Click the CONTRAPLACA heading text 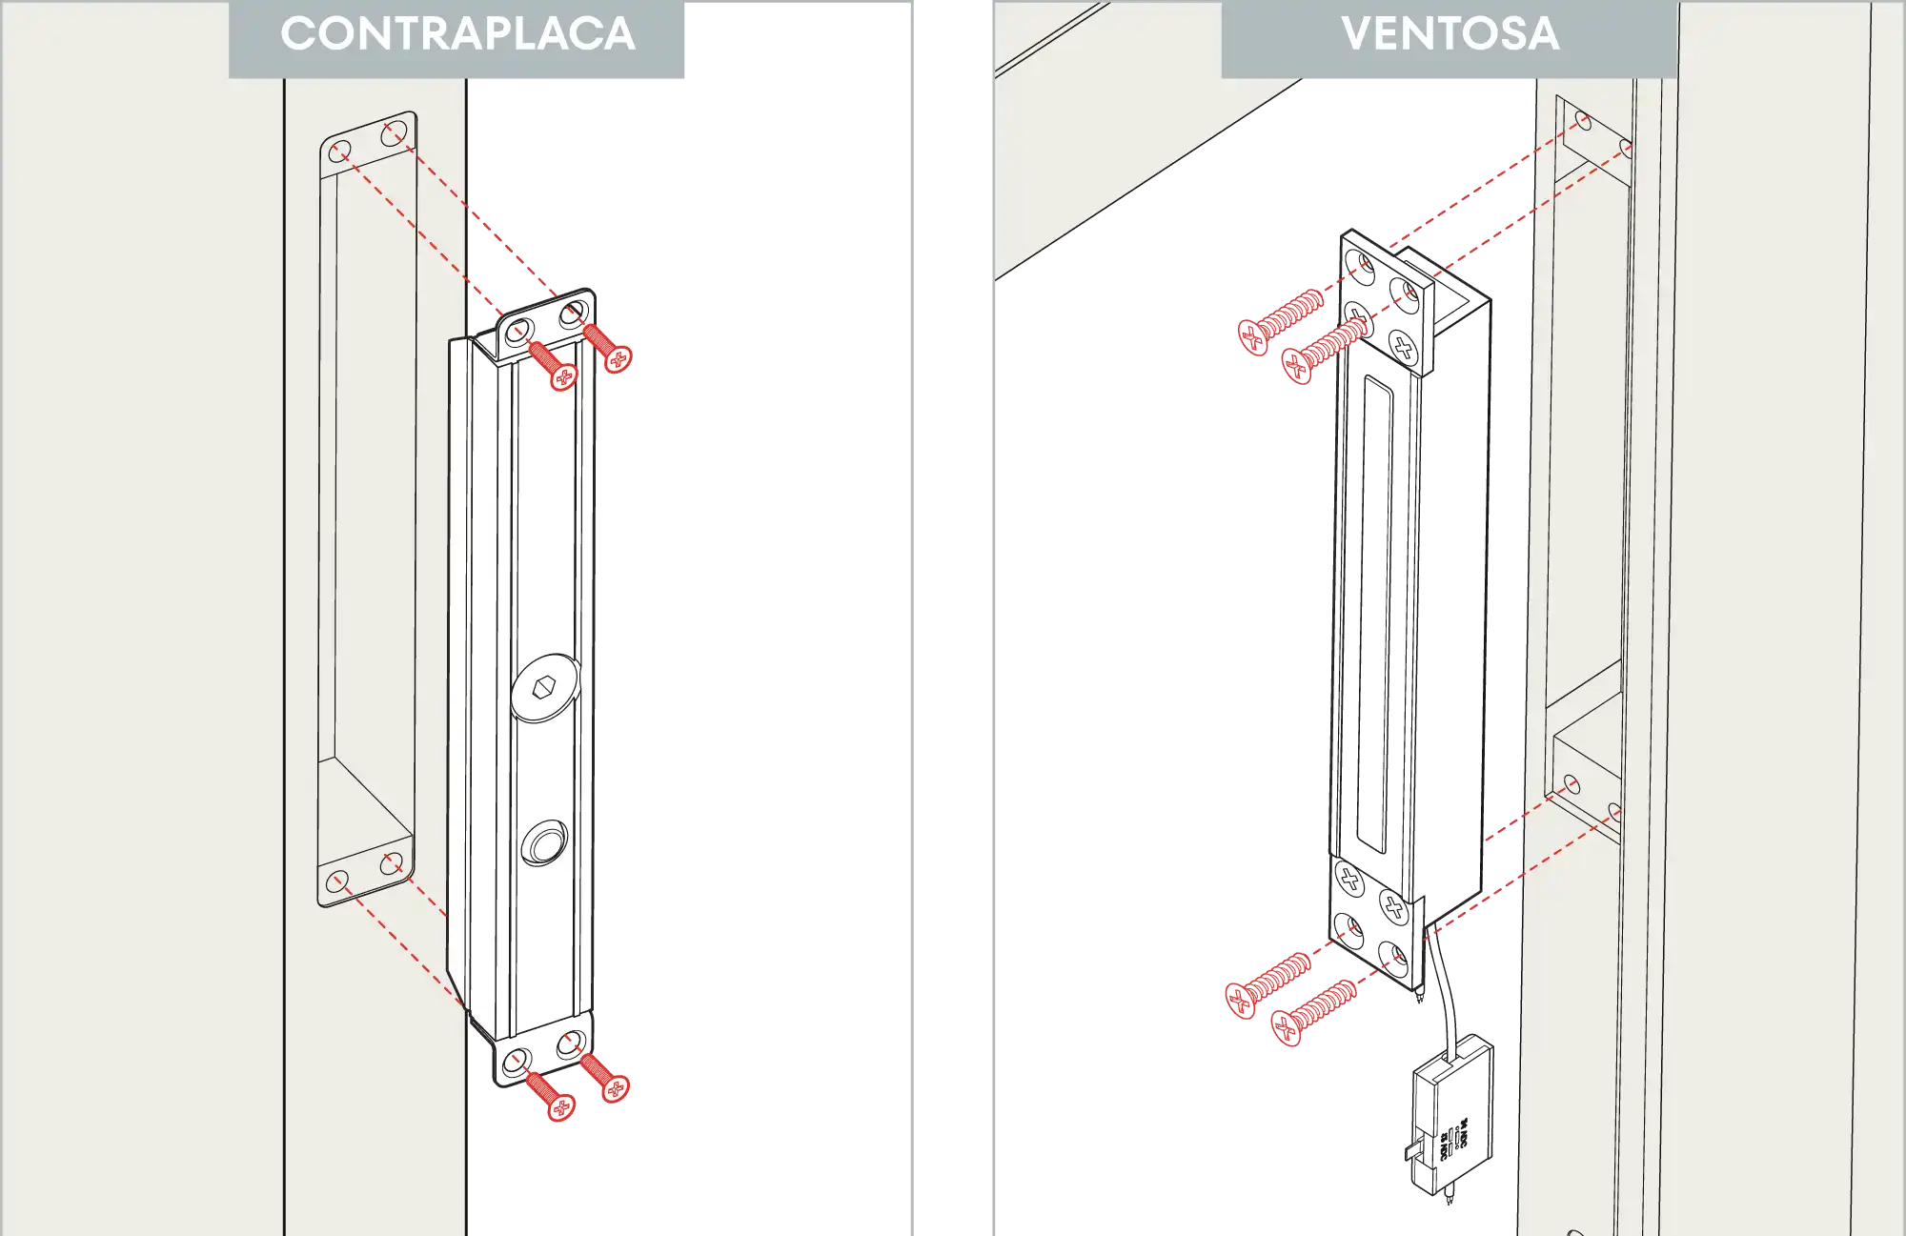pyautogui.click(x=457, y=34)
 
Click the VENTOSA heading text pyautogui.click(x=1450, y=34)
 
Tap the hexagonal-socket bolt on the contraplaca pyautogui.click(x=544, y=687)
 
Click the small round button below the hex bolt pyautogui.click(x=544, y=843)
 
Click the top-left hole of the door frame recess pyautogui.click(x=339, y=152)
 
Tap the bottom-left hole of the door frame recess pyautogui.click(x=335, y=881)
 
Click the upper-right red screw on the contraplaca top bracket pyautogui.click(x=607, y=348)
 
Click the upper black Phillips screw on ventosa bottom pyautogui.click(x=1350, y=879)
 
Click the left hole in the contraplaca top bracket pyautogui.click(x=517, y=333)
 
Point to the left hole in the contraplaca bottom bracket pyautogui.click(x=517, y=1061)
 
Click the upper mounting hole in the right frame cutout pyautogui.click(x=1584, y=121)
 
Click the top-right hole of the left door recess pyautogui.click(x=393, y=134)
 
